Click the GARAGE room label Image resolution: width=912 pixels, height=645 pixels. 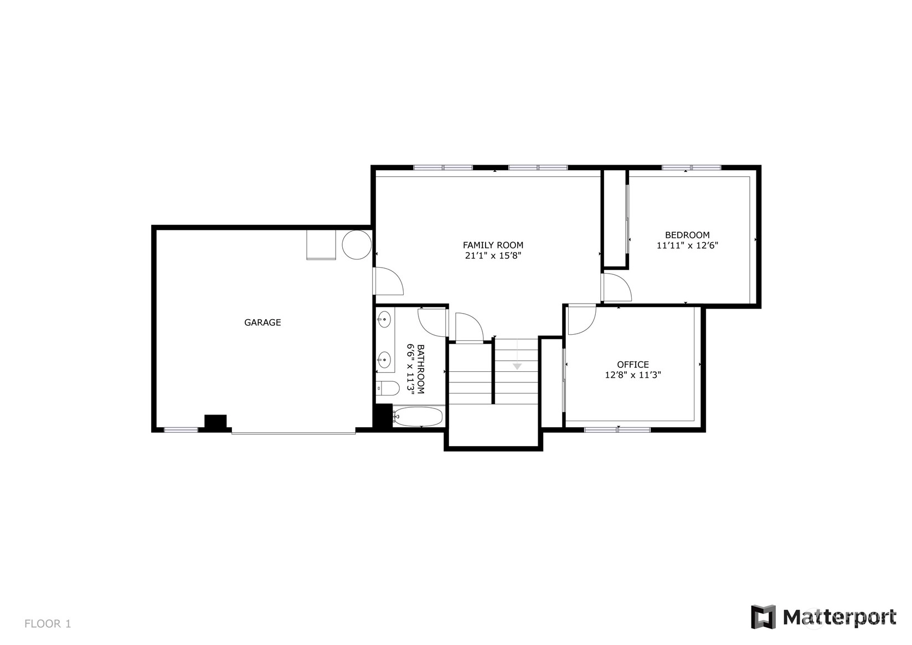point(262,322)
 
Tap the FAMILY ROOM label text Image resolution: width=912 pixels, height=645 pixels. point(493,245)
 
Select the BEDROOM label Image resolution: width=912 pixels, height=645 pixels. point(687,235)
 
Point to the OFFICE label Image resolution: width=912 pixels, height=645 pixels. point(633,364)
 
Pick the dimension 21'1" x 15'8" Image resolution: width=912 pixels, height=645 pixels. point(493,255)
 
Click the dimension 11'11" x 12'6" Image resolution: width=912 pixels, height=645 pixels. point(687,245)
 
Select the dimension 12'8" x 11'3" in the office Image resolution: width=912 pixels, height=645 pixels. point(633,375)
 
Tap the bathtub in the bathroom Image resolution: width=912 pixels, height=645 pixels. point(418,416)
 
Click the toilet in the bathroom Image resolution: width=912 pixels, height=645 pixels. point(387,388)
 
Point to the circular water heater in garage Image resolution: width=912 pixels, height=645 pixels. point(357,244)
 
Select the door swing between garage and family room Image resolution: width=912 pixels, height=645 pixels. point(388,281)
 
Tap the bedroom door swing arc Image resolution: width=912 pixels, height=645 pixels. point(617,288)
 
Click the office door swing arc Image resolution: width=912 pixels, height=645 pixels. point(582,319)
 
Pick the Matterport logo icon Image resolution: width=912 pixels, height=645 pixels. point(763,617)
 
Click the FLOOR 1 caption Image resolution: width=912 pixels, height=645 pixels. point(48,623)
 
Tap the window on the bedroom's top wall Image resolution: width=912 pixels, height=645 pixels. point(691,167)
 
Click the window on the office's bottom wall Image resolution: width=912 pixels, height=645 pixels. point(617,429)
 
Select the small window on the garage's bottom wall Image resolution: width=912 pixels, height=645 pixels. point(181,429)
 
